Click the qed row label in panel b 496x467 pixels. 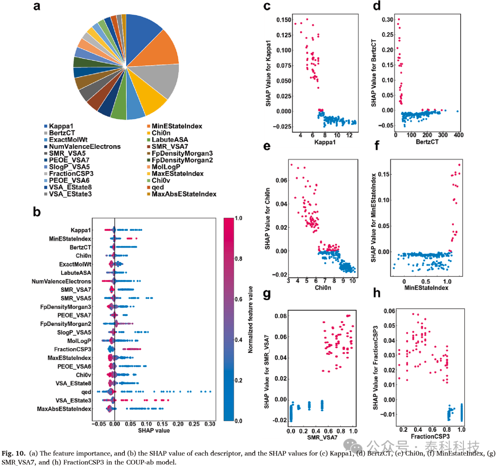[x=86, y=392]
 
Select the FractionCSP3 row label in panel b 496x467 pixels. [x=73, y=349]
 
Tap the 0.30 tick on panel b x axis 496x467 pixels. [x=210, y=424]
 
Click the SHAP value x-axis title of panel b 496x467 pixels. [x=154, y=431]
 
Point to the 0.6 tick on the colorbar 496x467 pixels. [x=238, y=299]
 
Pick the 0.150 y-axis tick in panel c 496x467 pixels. [x=284, y=20]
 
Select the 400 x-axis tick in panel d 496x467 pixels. [x=459, y=135]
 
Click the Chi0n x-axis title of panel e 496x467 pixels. [x=323, y=288]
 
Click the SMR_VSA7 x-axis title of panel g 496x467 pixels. [x=322, y=438]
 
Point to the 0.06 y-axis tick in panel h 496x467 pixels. [x=389, y=311]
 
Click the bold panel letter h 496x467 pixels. [x=377, y=293]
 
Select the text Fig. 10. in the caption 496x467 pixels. [x=14, y=453]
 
